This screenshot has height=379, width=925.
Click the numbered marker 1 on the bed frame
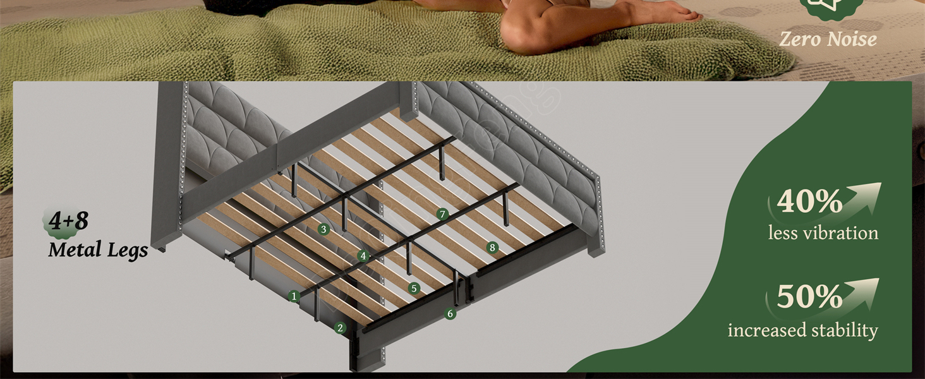click(294, 296)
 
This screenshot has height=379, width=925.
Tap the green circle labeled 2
click(340, 328)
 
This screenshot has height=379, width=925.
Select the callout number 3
click(323, 229)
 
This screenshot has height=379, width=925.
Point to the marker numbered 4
click(363, 256)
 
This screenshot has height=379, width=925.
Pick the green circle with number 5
click(414, 288)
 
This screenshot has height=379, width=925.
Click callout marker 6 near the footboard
click(450, 314)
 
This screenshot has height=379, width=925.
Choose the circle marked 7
click(442, 214)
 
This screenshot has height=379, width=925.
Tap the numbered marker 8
click(492, 248)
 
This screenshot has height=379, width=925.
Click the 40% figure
click(809, 201)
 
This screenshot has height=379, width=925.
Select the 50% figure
click(809, 296)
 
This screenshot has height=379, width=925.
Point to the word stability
click(845, 330)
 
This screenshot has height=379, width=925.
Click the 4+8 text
click(68, 220)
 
